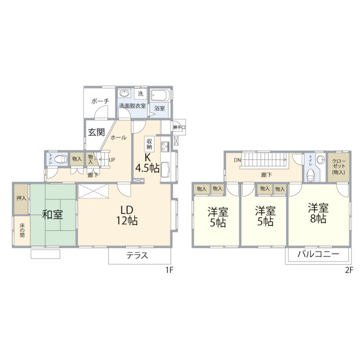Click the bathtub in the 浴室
(160, 95)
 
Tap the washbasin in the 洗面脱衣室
(124, 93)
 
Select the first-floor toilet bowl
(62, 159)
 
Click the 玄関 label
(96, 132)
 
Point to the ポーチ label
(100, 101)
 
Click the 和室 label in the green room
(52, 214)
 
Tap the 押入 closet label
(21, 198)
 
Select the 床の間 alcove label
(22, 229)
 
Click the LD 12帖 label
(127, 215)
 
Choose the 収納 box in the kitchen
(149, 144)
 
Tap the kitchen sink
(165, 170)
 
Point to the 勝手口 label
(179, 127)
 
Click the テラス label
(137, 255)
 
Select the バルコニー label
(318, 254)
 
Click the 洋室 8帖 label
(318, 213)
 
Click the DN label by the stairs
(237, 160)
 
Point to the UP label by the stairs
(112, 160)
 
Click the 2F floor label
(349, 270)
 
